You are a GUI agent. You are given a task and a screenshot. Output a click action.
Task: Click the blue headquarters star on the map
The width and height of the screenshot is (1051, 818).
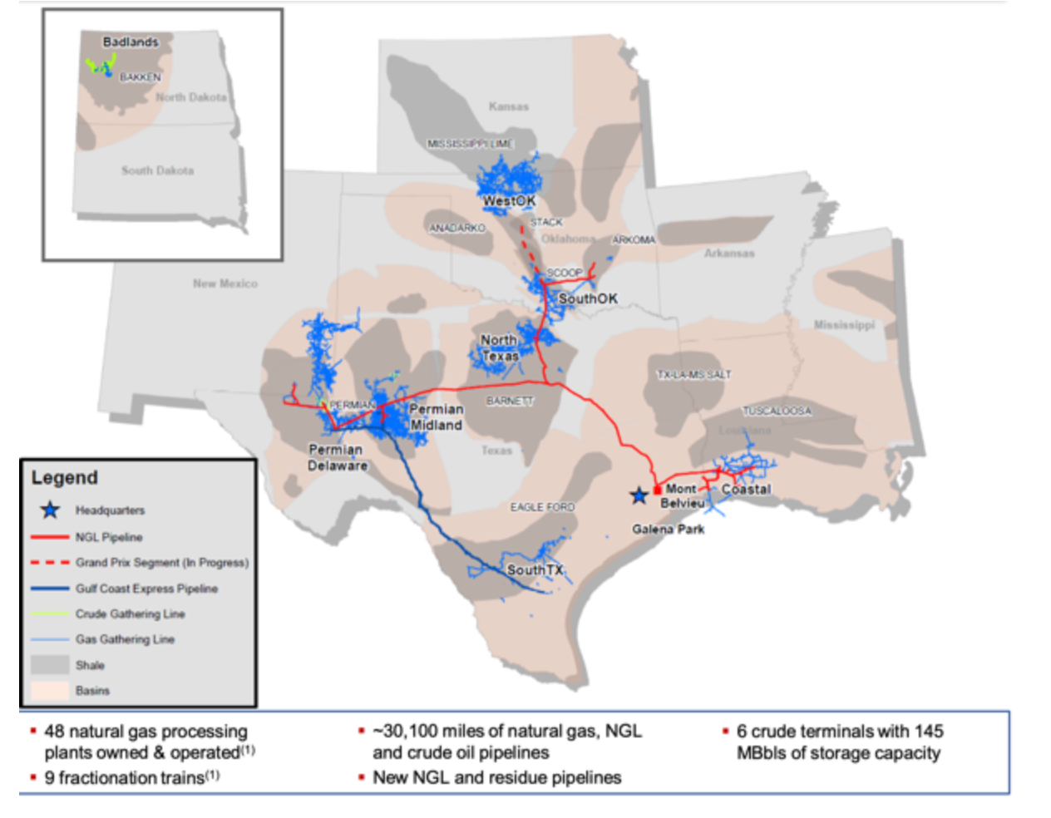pyautogui.click(x=639, y=496)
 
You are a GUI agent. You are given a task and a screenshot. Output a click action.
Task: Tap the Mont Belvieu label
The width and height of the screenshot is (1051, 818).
pyautogui.click(x=682, y=496)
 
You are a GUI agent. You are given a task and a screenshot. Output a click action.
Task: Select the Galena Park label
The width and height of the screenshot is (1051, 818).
pyautogui.click(x=668, y=529)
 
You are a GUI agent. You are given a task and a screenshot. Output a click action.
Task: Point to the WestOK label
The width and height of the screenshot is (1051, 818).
pyautogui.click(x=509, y=201)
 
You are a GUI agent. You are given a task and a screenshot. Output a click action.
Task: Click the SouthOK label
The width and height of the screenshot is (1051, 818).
pyautogui.click(x=588, y=298)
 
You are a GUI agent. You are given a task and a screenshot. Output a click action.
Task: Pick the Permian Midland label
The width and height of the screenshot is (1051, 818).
pyautogui.click(x=436, y=417)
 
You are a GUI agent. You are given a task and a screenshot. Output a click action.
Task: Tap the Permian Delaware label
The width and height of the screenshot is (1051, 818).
pyautogui.click(x=337, y=457)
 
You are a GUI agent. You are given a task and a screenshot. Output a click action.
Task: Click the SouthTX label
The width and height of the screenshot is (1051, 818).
pyautogui.click(x=535, y=570)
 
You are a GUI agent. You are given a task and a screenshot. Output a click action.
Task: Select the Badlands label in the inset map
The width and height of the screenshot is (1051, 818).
pyautogui.click(x=131, y=42)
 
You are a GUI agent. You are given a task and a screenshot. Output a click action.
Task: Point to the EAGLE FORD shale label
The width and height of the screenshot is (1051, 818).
pyautogui.click(x=542, y=507)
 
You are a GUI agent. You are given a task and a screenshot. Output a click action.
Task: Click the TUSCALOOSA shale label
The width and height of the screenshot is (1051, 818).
pyautogui.click(x=777, y=411)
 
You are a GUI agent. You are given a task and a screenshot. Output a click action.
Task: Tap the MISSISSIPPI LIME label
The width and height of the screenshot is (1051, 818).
pyautogui.click(x=470, y=144)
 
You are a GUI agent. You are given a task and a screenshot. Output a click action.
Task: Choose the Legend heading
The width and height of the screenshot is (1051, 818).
pyautogui.click(x=65, y=478)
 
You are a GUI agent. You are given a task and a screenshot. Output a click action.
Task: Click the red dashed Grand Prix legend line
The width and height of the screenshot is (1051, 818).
pyautogui.click(x=50, y=563)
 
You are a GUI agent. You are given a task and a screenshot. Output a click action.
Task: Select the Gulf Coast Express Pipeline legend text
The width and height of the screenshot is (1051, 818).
pyautogui.click(x=146, y=589)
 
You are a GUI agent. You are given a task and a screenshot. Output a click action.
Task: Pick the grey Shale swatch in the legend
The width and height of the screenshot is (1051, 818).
pyautogui.click(x=50, y=665)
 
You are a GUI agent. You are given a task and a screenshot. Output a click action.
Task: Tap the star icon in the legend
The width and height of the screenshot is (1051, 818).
pyautogui.click(x=50, y=510)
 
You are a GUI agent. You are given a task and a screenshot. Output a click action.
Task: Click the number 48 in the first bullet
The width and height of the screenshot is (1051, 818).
pyautogui.click(x=54, y=732)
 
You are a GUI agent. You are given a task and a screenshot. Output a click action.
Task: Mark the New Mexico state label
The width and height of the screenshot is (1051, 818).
pyautogui.click(x=225, y=283)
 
